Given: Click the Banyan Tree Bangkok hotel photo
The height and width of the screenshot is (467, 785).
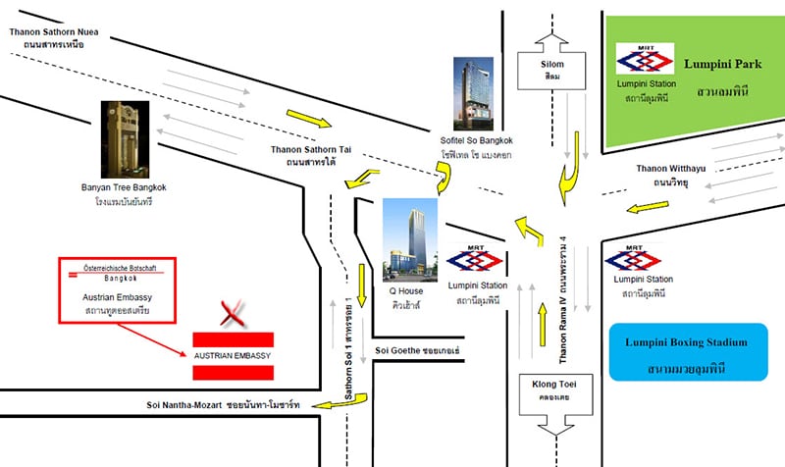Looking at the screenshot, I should (x=125, y=138).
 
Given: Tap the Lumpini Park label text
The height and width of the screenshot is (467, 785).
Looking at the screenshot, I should (x=723, y=65).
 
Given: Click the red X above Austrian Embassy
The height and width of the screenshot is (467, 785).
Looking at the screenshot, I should (x=232, y=314).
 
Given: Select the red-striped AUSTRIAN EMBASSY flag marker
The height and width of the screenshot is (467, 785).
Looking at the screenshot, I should (x=232, y=352).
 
